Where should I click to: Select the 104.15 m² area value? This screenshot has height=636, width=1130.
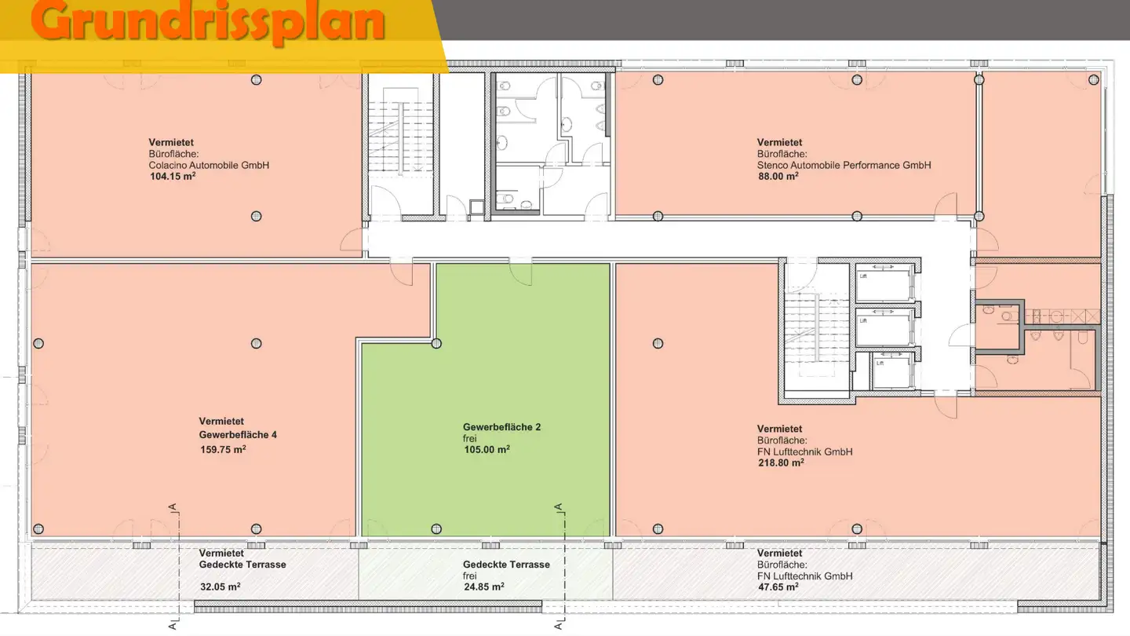173,177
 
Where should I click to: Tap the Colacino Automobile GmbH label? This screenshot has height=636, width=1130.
209,166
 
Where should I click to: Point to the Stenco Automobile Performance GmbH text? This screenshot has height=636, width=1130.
844,166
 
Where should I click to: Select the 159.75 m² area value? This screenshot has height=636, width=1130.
224,450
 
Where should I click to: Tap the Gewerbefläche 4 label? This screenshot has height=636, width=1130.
238,435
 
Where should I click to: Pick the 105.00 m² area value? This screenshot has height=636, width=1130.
487,450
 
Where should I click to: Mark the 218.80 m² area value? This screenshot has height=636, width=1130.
780,463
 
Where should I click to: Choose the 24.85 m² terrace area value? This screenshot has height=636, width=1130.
483,587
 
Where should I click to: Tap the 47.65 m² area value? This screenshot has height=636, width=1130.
778,587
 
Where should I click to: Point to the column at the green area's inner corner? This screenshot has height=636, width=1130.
436,343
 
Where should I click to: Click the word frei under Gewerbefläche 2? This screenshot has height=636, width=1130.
470,438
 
